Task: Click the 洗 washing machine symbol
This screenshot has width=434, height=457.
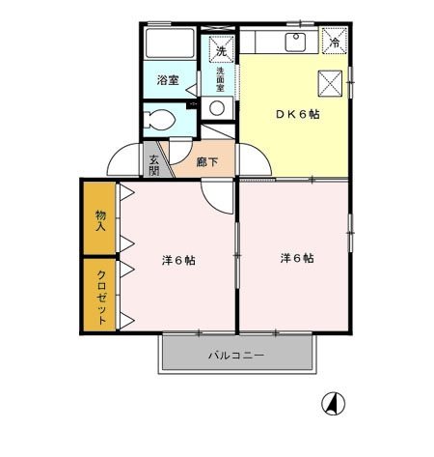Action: pos(220,50)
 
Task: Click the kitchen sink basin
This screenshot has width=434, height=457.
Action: pos(294,42)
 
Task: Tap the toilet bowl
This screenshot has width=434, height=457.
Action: pos(158,122)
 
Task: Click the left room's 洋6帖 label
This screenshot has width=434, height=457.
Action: pos(177,260)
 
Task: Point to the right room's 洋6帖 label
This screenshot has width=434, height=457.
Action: pos(297,258)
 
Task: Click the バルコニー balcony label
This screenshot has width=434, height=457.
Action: pos(236,356)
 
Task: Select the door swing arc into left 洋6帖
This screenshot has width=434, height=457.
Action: pos(220,195)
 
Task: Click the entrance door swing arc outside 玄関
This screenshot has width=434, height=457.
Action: pos(125,157)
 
